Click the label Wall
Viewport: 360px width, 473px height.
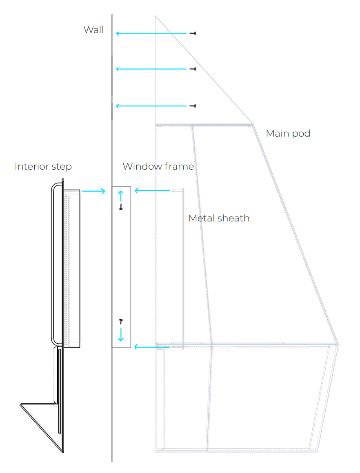[x=93, y=30]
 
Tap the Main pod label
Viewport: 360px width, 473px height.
[x=288, y=133]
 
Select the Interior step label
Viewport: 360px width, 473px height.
[x=43, y=166]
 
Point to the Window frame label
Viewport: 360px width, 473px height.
[x=158, y=166]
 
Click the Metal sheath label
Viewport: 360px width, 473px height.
[x=219, y=218]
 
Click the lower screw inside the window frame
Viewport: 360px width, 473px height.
[x=121, y=322]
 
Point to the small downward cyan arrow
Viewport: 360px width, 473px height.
[x=121, y=335]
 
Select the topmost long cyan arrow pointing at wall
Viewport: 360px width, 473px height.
[x=151, y=33]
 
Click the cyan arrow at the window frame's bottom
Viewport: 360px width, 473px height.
[x=152, y=347]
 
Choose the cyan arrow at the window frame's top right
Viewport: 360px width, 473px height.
[x=152, y=190]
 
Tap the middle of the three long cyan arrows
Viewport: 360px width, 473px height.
[x=151, y=69]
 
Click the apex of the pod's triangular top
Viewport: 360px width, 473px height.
[x=156, y=17]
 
